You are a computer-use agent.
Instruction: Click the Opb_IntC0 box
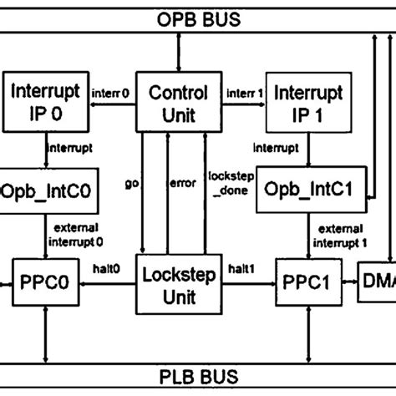click(48, 192)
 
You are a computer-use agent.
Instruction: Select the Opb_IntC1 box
click(307, 192)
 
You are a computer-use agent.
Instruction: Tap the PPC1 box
click(305, 283)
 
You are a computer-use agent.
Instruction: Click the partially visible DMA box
click(377, 283)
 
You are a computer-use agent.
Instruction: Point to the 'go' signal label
click(131, 182)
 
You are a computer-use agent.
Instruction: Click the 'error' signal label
click(183, 182)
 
